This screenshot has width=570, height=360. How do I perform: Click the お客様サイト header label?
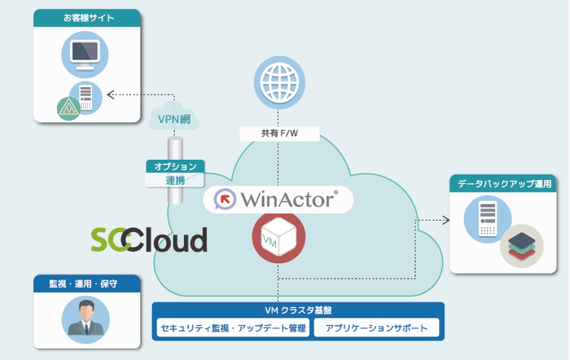pyautogui.click(x=86, y=17)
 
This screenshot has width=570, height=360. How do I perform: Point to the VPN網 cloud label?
pyautogui.click(x=173, y=120)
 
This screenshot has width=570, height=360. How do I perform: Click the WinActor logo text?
pyautogui.click(x=284, y=199)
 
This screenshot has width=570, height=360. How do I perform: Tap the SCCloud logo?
pyautogui.click(x=149, y=239)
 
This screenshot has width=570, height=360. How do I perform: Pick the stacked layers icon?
pyautogui.click(x=520, y=242)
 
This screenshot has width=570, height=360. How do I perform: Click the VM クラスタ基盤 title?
pyautogui.click(x=298, y=311)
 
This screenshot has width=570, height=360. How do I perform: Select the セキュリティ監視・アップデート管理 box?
pyautogui.click(x=232, y=328)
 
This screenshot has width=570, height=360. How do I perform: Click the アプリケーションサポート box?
pyautogui.click(x=377, y=328)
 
